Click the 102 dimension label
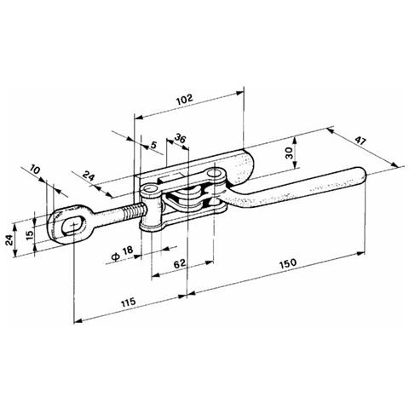click(x=185, y=100)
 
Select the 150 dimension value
click(x=288, y=263)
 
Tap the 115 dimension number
click(x=129, y=302)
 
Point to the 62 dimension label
click(x=179, y=263)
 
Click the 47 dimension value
click(x=360, y=141)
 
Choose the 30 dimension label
click(x=288, y=153)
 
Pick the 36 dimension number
click(x=180, y=138)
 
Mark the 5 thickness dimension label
click(x=153, y=145)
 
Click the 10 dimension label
click(x=35, y=170)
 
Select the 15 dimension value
click(x=30, y=234)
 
